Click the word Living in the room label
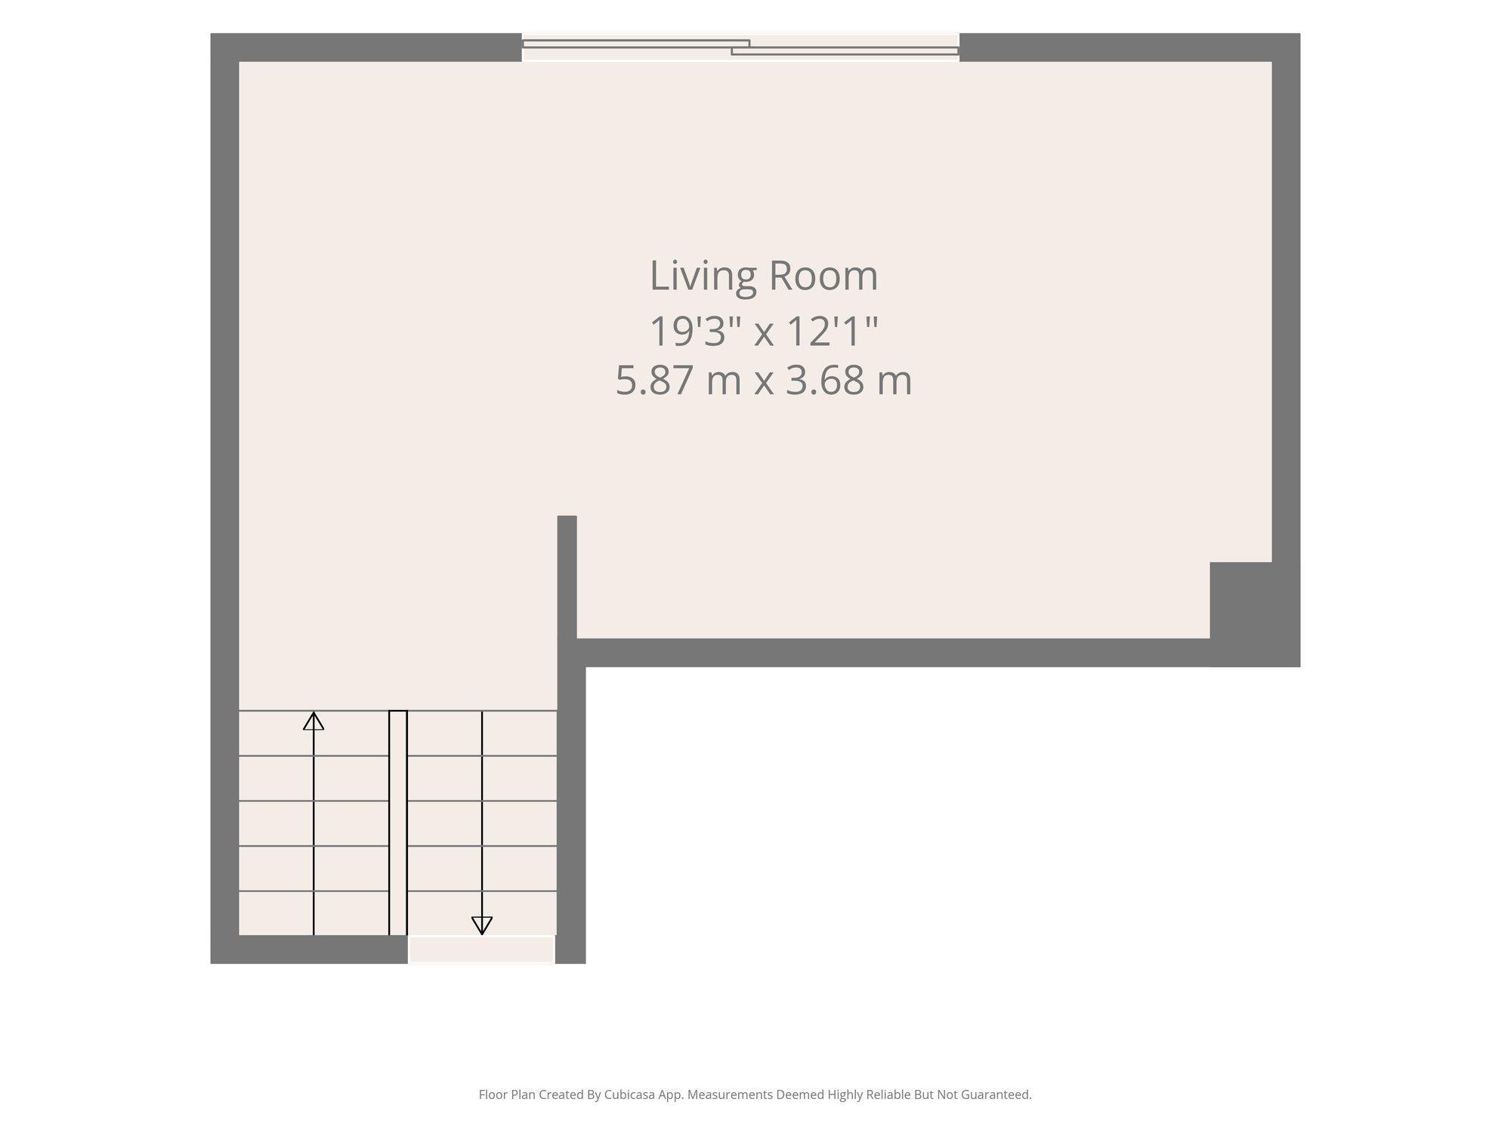(703, 276)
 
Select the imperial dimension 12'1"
(833, 332)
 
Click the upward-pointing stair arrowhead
(314, 721)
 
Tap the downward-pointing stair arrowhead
(482, 925)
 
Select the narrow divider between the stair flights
(398, 823)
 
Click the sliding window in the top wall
(740, 48)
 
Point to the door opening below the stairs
(482, 949)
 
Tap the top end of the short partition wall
(567, 517)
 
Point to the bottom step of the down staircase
(482, 913)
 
